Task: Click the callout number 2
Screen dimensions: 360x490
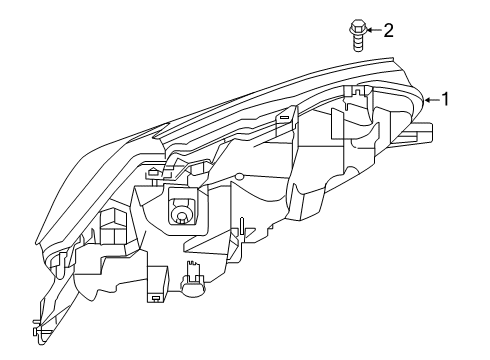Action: [388, 31]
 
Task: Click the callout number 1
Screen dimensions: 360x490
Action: [447, 99]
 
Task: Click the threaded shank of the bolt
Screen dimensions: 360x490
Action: [356, 42]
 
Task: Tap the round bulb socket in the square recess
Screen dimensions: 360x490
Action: [180, 212]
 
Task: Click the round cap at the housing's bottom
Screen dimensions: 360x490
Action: [191, 289]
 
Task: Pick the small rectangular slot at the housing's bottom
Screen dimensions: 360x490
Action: [155, 297]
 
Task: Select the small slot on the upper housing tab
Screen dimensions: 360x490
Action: [285, 118]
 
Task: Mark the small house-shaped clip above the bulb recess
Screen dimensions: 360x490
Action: [152, 172]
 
